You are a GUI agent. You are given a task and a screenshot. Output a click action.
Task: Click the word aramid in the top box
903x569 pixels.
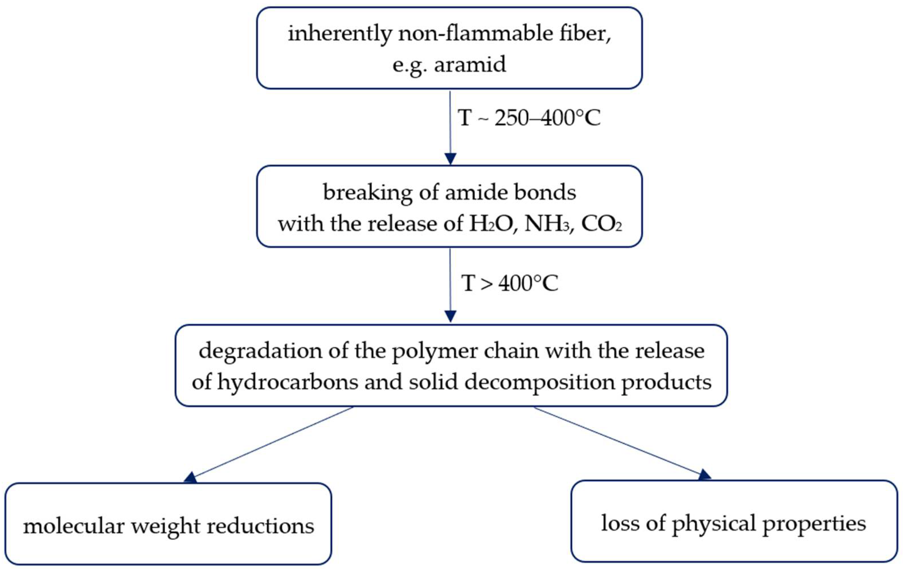click(x=470, y=64)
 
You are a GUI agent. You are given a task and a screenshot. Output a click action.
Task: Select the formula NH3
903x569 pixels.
click(x=548, y=224)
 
